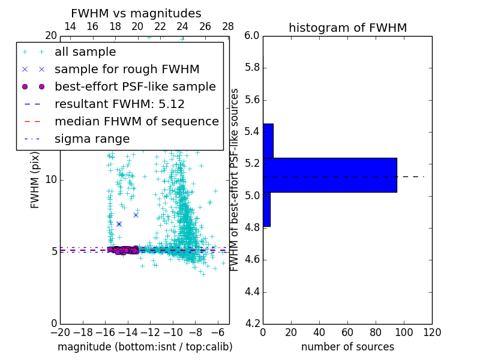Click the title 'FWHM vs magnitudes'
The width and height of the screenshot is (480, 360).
click(136, 13)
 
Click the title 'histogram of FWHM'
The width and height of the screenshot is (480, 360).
click(347, 28)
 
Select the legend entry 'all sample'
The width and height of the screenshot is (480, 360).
click(85, 52)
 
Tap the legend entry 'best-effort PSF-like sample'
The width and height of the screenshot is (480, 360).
click(135, 87)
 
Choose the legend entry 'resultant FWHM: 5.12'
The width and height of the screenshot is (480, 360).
click(119, 104)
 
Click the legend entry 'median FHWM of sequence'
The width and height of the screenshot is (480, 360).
click(136, 122)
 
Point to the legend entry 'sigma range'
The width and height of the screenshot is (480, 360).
click(92, 139)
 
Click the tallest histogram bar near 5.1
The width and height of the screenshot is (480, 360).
click(329, 175)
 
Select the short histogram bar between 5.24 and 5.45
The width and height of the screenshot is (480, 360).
click(268, 141)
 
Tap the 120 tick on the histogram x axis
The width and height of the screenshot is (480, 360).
click(432, 332)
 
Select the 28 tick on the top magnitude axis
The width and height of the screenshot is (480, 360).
click(228, 26)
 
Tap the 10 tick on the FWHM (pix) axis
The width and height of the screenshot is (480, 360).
click(51, 180)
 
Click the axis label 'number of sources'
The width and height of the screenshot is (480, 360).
click(347, 347)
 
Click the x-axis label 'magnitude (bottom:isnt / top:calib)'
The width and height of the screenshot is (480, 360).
click(145, 347)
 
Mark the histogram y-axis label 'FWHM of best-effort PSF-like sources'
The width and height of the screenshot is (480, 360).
click(235, 179)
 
